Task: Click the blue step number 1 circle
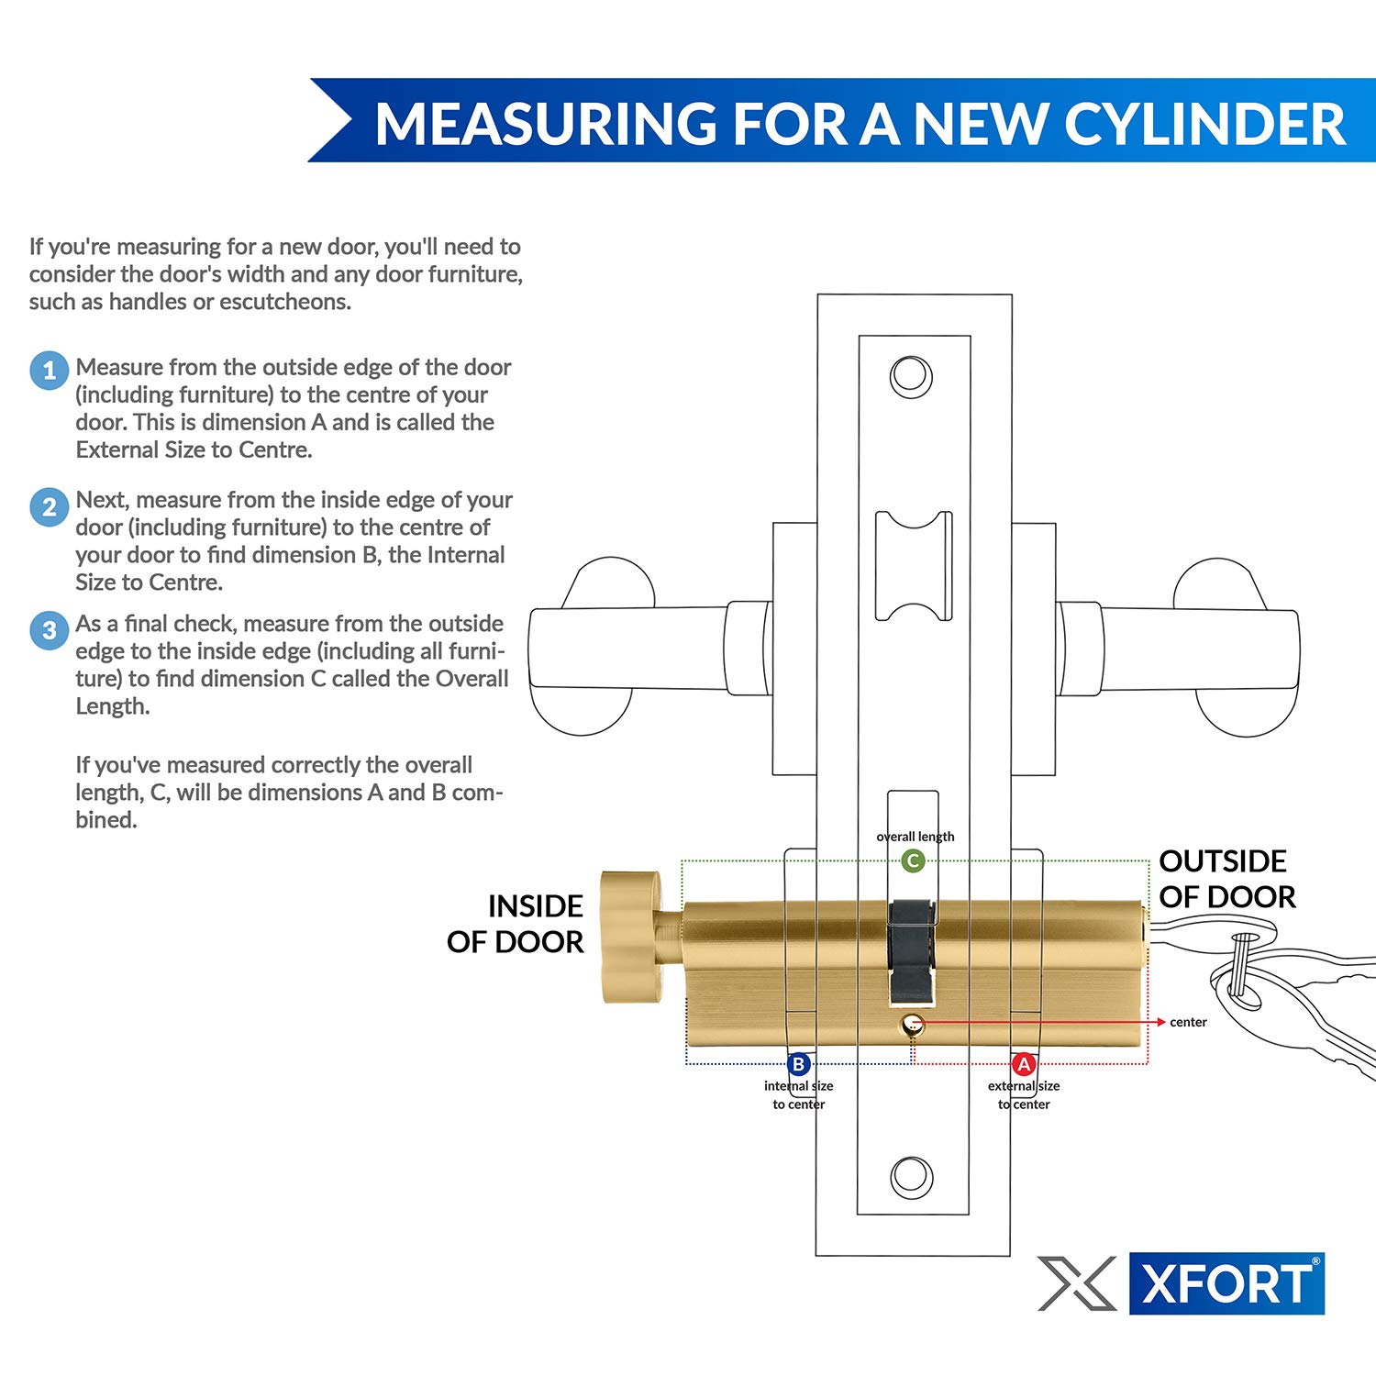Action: point(49,371)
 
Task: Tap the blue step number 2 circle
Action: point(49,506)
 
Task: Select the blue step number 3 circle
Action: point(49,630)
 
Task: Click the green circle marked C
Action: point(912,860)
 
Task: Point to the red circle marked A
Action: point(1023,1064)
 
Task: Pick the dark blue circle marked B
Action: point(798,1064)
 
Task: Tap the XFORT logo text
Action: point(1226,1283)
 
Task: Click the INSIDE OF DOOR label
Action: point(516,924)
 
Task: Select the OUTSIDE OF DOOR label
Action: point(1226,879)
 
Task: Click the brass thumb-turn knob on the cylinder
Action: point(630,937)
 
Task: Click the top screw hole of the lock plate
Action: point(911,377)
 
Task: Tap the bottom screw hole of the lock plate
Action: point(912,1177)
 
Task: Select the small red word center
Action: point(1188,1022)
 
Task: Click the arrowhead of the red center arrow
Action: point(1160,1021)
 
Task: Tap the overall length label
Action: point(915,837)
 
